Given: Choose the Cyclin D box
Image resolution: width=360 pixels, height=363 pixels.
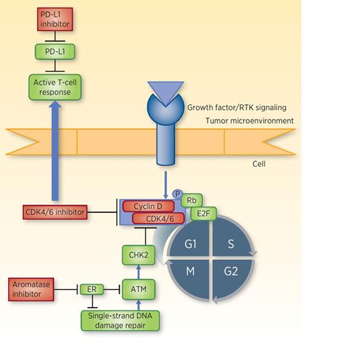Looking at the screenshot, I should (x=149, y=206).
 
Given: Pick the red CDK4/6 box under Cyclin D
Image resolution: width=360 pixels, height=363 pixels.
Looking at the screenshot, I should (x=158, y=218).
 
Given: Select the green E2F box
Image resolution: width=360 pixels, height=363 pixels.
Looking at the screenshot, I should (x=204, y=214).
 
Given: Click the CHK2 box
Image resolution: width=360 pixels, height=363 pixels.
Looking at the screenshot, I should (x=136, y=255).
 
